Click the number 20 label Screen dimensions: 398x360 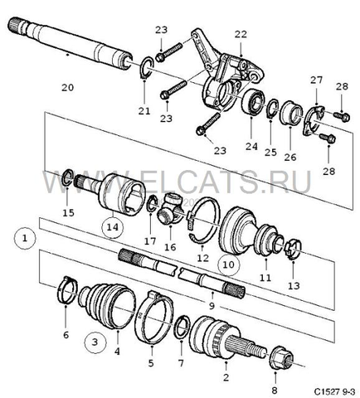pyautogui.click(x=67, y=86)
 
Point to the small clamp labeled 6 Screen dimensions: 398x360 pyautogui.click(x=66, y=293)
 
